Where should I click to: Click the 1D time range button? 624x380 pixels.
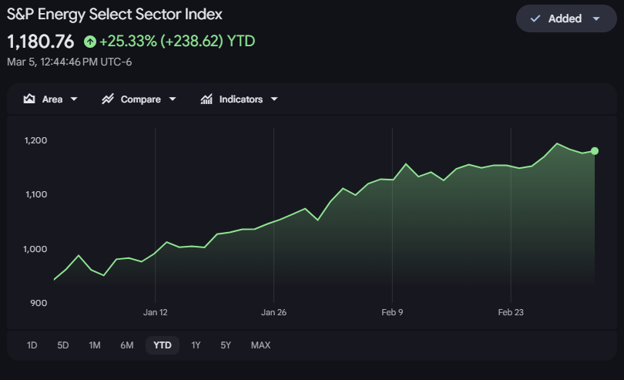(32, 345)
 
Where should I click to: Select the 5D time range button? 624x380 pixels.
(63, 345)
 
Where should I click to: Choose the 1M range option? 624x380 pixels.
(95, 345)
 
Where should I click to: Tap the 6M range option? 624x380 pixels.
(127, 345)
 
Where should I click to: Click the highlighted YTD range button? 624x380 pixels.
(163, 345)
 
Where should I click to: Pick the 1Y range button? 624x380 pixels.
(196, 345)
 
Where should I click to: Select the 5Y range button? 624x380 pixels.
(225, 345)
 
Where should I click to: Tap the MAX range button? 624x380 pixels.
(260, 345)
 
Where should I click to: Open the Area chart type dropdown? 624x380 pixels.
(51, 99)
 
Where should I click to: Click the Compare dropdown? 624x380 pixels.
(139, 99)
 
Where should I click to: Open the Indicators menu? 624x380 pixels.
(239, 99)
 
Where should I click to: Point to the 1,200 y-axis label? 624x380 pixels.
(36, 141)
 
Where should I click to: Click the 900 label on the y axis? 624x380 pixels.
(39, 303)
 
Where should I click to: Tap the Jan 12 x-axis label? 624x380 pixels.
(156, 312)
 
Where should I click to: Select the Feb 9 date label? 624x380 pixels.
(392, 312)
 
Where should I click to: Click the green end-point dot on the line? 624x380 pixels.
(595, 151)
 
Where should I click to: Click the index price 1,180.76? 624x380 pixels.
(41, 41)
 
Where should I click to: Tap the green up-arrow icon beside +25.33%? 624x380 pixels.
(90, 41)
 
